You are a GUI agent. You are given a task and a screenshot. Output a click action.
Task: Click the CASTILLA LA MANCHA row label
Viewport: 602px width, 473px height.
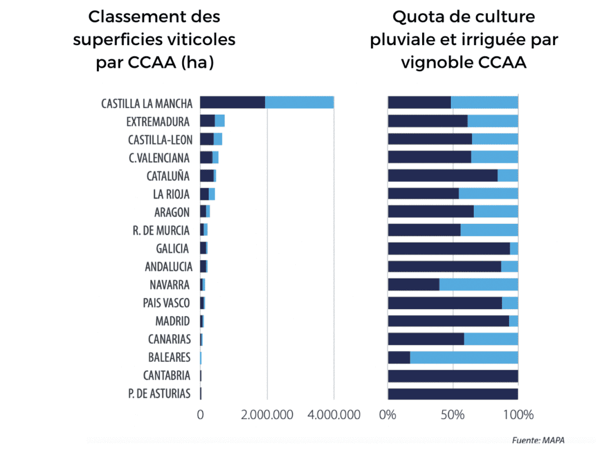click(x=146, y=103)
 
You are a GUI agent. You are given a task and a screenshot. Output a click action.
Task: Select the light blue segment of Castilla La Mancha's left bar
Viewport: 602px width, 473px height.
click(x=299, y=102)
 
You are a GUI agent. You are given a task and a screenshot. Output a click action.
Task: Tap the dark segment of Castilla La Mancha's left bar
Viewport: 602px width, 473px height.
click(x=232, y=102)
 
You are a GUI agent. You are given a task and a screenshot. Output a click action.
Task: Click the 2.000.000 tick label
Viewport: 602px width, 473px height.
click(x=267, y=414)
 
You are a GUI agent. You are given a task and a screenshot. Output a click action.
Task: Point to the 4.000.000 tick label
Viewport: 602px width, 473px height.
click(x=334, y=414)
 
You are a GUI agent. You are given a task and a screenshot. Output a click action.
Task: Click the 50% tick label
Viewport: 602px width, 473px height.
click(x=453, y=414)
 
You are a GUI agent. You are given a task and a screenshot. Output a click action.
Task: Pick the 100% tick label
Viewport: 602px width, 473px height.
click(x=518, y=414)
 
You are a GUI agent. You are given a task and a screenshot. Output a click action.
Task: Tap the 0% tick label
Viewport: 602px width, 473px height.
click(x=388, y=414)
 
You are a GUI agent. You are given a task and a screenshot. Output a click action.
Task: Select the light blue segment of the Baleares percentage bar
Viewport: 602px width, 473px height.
click(x=464, y=357)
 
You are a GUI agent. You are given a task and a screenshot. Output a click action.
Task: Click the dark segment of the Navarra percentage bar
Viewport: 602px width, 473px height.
click(x=413, y=284)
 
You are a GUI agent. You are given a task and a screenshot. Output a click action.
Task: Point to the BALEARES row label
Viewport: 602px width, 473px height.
click(x=169, y=357)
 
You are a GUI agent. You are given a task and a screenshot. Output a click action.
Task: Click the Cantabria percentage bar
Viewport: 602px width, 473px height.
click(x=453, y=375)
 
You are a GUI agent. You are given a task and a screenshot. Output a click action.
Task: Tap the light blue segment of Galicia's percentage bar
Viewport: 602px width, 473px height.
click(x=514, y=248)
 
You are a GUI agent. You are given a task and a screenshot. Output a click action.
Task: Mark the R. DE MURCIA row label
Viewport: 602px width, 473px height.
click(x=161, y=230)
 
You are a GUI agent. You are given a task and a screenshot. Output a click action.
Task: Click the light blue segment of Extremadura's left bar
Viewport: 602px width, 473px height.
click(x=220, y=121)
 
